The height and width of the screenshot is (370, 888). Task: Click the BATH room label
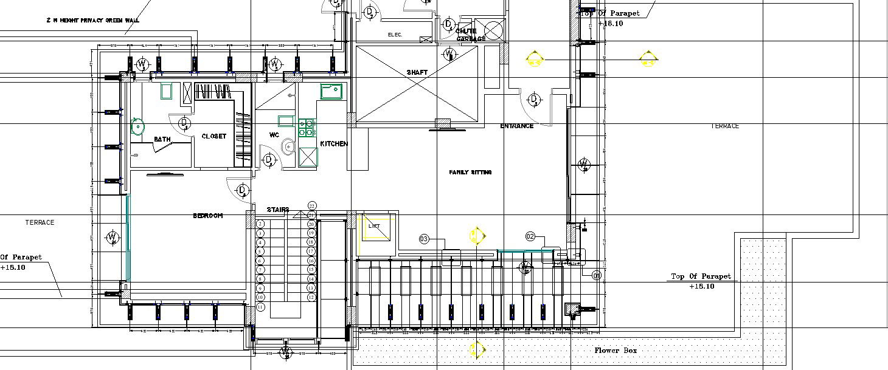(162, 140)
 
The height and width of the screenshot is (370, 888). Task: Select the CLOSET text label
(213, 137)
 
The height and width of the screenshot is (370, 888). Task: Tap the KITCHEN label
(334, 144)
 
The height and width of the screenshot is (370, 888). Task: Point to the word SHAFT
(417, 72)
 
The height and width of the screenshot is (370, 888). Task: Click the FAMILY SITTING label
(470, 173)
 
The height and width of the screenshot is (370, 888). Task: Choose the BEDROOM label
(207, 216)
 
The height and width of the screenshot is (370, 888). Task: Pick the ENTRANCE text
(516, 126)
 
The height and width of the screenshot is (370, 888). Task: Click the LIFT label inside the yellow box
(374, 226)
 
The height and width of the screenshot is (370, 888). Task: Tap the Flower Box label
(616, 351)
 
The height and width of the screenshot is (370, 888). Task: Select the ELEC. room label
(395, 35)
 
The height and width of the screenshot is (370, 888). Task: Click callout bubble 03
(424, 239)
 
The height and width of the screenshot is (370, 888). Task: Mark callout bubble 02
(530, 236)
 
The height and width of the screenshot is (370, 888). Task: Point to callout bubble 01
(597, 276)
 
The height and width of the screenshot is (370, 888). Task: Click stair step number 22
(312, 206)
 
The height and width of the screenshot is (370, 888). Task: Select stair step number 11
(260, 307)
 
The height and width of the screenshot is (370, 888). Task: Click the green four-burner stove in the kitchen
(306, 128)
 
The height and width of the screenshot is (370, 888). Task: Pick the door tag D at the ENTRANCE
(533, 99)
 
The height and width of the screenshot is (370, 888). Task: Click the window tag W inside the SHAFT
(449, 55)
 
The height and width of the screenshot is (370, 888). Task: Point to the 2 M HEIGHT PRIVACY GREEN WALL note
(92, 20)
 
